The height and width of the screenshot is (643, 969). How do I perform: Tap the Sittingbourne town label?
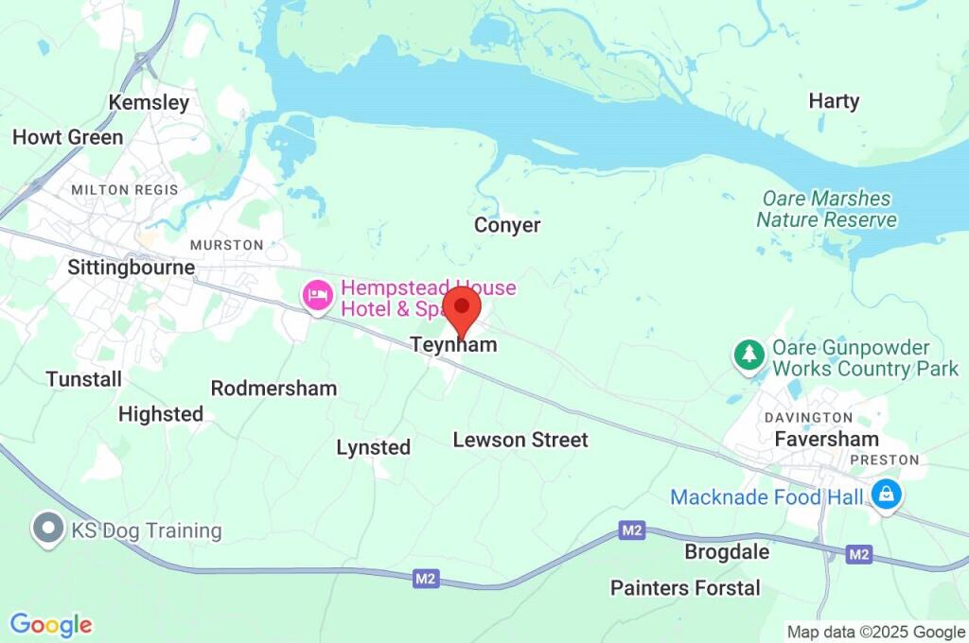click(x=132, y=268)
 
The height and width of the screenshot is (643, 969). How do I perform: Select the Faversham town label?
click(x=826, y=439)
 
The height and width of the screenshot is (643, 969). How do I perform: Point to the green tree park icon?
click(x=749, y=356)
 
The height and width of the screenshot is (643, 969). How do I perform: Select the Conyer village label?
click(x=507, y=225)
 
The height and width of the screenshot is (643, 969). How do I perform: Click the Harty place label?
click(x=834, y=101)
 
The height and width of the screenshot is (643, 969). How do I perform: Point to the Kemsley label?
click(x=149, y=102)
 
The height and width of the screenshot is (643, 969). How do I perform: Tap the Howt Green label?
click(x=67, y=137)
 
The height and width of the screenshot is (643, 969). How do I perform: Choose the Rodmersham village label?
click(x=273, y=388)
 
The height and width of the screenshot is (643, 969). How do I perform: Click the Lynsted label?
click(x=374, y=447)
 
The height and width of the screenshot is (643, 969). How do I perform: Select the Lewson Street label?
click(x=520, y=440)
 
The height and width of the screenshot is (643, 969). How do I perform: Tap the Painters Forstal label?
click(x=685, y=588)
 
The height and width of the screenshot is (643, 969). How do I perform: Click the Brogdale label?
click(x=727, y=552)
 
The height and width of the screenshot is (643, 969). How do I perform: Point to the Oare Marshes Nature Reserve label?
click(x=826, y=210)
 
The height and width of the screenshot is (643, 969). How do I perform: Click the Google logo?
click(x=51, y=625)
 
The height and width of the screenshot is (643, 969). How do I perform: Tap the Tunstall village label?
click(x=83, y=379)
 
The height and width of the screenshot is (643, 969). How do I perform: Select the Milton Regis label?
click(x=125, y=190)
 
